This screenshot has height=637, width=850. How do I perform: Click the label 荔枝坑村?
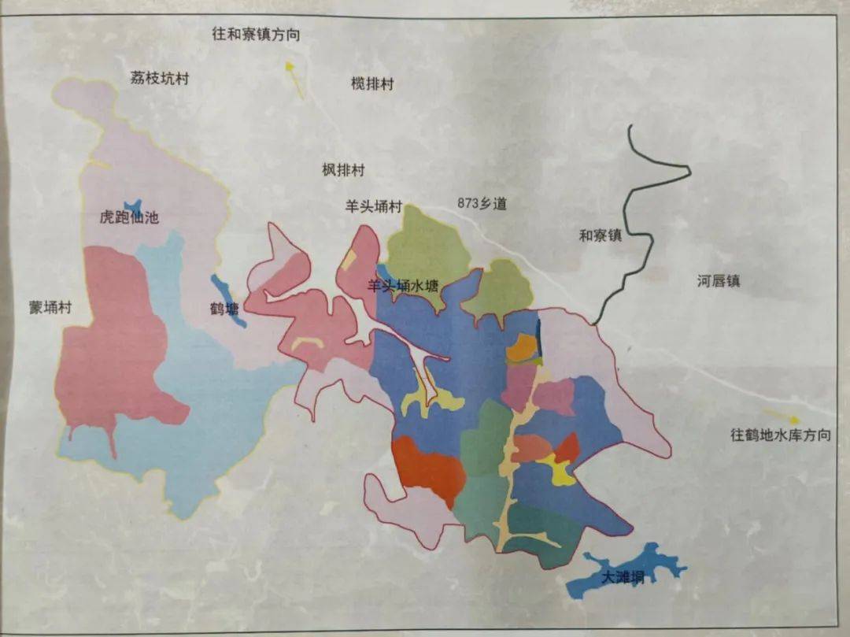point(160,79)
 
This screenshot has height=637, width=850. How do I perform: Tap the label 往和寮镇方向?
point(256,35)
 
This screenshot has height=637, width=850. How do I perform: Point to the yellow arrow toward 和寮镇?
point(294,79)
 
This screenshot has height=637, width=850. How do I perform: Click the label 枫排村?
point(343,169)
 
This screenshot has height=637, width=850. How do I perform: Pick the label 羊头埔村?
point(373,208)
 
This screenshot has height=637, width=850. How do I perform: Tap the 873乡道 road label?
point(482,203)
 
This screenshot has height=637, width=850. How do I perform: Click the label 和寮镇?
point(600,235)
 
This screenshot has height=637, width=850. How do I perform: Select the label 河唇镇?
point(718,281)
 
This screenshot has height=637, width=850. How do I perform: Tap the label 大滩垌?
point(623,578)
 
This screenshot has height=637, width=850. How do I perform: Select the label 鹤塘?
point(224,309)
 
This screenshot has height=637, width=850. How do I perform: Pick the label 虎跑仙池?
point(129,217)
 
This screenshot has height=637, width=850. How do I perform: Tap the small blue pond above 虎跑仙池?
point(135,206)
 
